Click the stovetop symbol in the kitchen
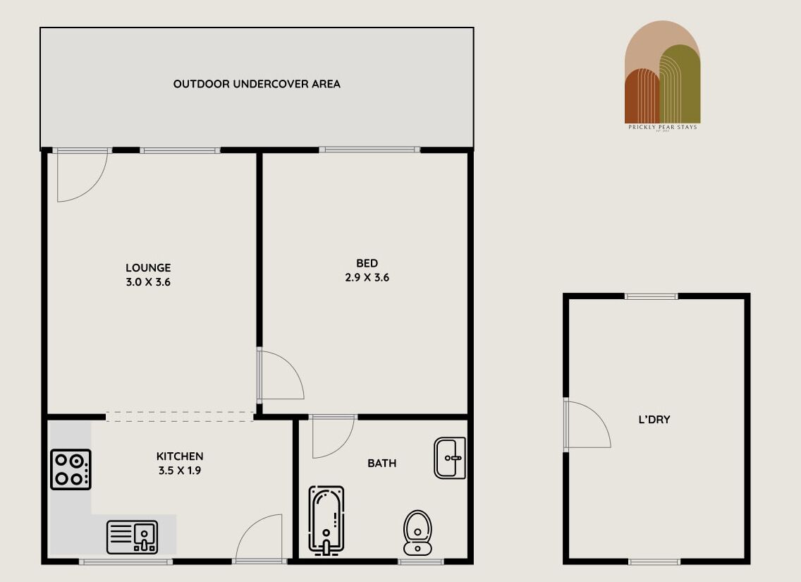tap(71, 470)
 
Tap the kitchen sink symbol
tap(133, 537)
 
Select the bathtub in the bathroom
tap(326, 519)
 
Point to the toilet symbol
tap(417, 533)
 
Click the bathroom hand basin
tap(450, 458)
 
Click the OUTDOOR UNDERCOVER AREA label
tap(257, 84)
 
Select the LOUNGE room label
tap(148, 268)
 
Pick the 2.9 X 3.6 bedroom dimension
tap(367, 278)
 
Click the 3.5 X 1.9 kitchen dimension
tap(179, 471)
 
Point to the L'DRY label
tap(654, 420)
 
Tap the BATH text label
tap(381, 463)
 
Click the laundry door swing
tap(587, 425)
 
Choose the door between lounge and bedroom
tap(281, 375)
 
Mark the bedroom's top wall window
tap(369, 150)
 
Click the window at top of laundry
tap(651, 296)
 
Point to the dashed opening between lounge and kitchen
tap(180, 417)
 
